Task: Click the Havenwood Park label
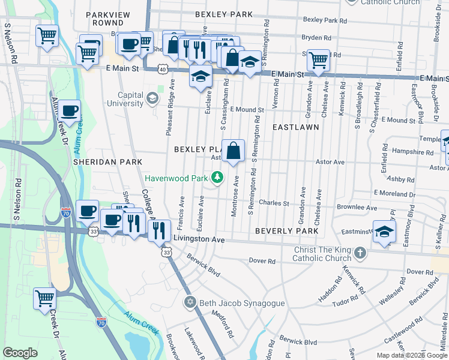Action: click(x=176, y=178)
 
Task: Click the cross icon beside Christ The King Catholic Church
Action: click(x=359, y=253)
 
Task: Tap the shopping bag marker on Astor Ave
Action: click(x=234, y=152)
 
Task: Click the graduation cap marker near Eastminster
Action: click(x=384, y=232)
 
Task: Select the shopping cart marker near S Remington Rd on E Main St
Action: click(x=318, y=60)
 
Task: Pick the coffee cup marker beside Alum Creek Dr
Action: click(x=70, y=111)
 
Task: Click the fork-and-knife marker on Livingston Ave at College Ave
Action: click(x=159, y=229)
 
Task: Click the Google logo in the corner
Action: click(x=20, y=352)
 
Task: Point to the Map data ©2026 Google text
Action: click(x=411, y=355)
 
